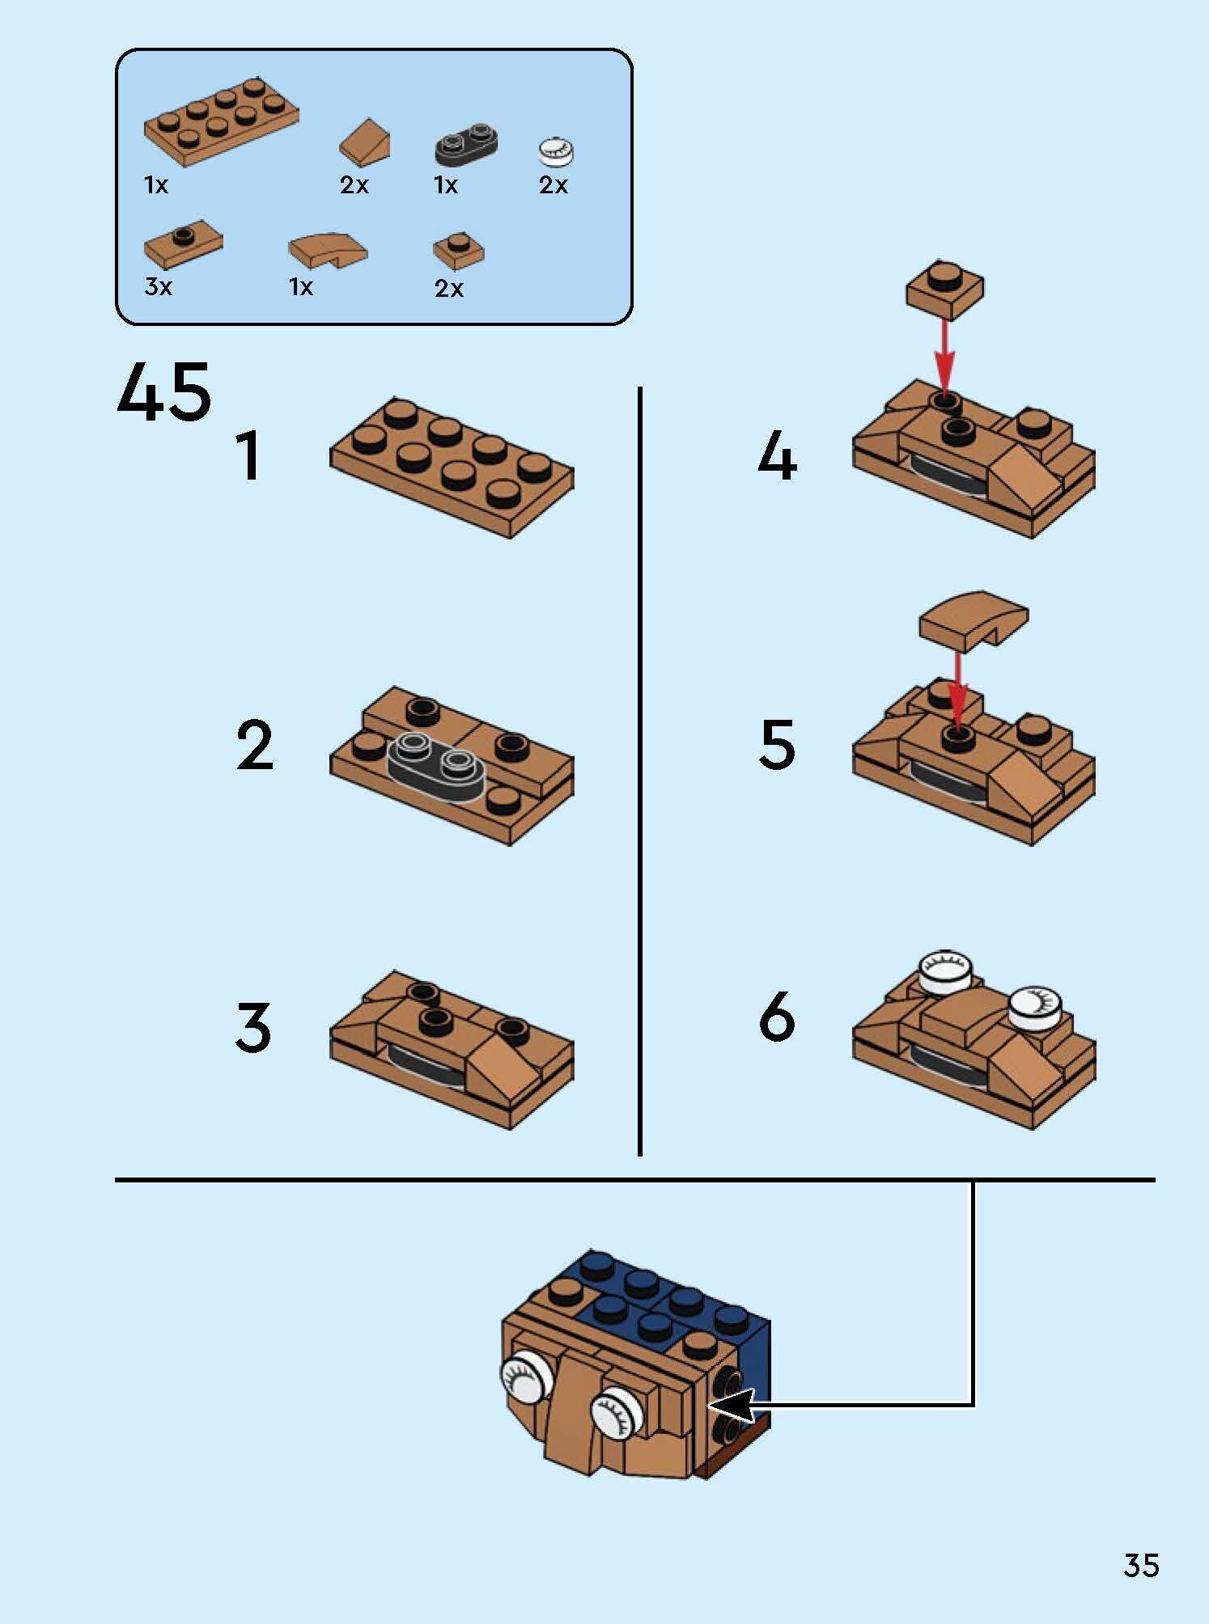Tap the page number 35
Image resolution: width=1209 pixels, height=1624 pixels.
(1141, 1566)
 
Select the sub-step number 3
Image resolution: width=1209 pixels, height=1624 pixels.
(253, 1026)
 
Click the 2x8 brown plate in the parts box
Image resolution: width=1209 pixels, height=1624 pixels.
(221, 122)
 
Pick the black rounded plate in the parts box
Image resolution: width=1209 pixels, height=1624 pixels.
(466, 144)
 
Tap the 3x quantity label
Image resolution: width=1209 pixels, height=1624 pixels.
(159, 286)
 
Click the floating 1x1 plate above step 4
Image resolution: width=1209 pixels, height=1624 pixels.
(944, 290)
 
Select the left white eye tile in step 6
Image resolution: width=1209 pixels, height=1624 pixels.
(945, 972)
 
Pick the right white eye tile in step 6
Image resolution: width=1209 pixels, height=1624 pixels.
(1037, 1008)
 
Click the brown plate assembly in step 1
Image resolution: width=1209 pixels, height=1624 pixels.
(452, 469)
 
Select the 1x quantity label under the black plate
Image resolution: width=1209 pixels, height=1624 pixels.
(446, 185)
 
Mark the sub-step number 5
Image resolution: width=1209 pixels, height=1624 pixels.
(777, 744)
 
